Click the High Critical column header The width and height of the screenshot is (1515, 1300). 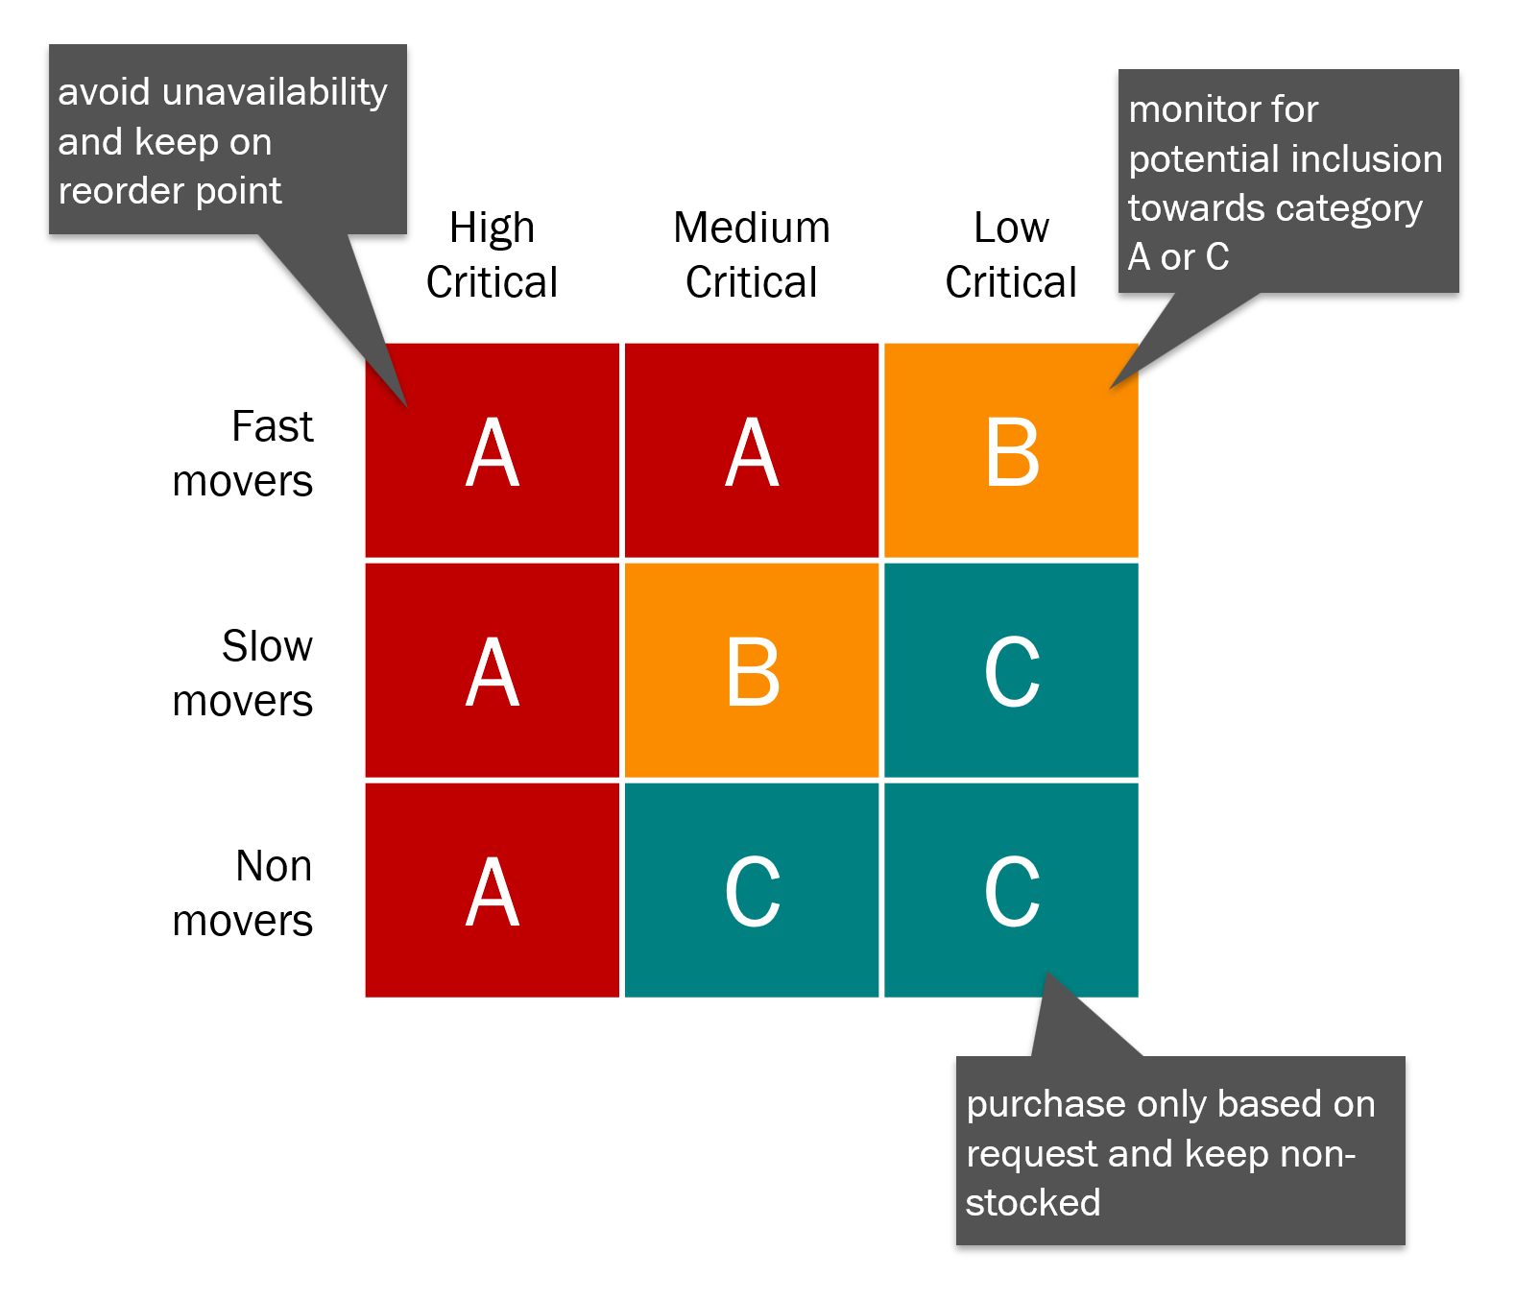[x=492, y=255]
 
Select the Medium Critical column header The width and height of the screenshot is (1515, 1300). [x=751, y=255]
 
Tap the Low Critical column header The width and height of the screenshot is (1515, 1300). [x=1011, y=255]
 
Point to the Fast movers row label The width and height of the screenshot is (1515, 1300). [x=244, y=453]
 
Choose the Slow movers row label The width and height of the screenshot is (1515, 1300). [x=244, y=673]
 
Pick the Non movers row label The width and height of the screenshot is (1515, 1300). [x=244, y=893]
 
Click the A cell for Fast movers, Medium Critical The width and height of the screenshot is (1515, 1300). [x=752, y=451]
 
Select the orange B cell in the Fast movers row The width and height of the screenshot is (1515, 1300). [x=1011, y=451]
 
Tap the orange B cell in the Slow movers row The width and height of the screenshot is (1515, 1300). [x=752, y=671]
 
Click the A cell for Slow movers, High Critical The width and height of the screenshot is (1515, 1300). [x=493, y=671]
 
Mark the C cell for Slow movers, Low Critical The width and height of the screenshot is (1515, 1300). [x=1011, y=671]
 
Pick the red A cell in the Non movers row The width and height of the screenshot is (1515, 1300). [x=493, y=891]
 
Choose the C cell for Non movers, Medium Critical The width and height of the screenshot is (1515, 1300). [x=752, y=891]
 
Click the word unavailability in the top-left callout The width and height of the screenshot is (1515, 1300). [x=276, y=92]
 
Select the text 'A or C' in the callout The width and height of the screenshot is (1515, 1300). [x=1178, y=257]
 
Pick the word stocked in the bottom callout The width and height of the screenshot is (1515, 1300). [x=1033, y=1203]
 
